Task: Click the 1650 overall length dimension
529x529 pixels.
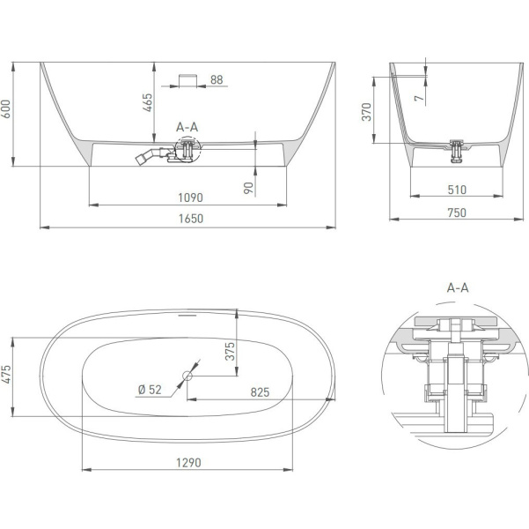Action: coord(191,219)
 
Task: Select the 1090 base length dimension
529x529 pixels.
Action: coord(190,197)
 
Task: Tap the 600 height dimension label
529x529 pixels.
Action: coord(6,108)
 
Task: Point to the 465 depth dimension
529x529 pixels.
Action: coord(147,103)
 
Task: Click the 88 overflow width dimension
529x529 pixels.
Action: coord(217,79)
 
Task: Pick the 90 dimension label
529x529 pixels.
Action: coord(248,188)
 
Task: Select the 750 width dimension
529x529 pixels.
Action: coord(457,213)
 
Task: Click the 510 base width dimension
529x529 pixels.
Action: coord(457,190)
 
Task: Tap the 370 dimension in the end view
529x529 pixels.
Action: coord(366,112)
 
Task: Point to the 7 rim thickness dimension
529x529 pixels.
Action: coord(419,99)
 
